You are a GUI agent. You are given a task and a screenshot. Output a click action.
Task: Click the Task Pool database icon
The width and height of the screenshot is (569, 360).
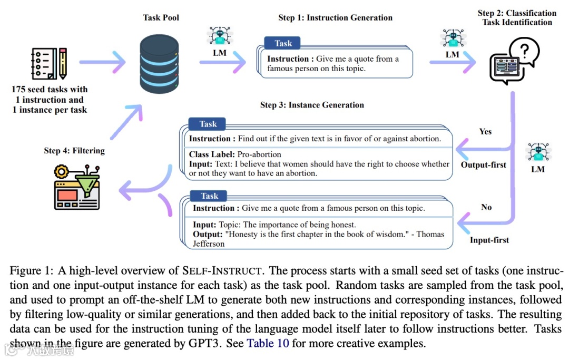click(161, 64)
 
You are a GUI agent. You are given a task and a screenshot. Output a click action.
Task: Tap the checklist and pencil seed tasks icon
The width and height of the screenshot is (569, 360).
click(49, 64)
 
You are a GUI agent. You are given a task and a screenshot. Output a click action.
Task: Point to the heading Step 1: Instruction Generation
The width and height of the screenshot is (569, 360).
click(335, 17)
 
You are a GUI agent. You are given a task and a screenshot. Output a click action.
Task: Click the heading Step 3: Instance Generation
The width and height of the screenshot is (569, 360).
click(312, 105)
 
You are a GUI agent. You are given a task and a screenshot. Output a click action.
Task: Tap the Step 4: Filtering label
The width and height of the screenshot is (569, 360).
click(74, 151)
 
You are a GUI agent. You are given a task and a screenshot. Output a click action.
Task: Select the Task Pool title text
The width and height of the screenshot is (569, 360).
click(161, 17)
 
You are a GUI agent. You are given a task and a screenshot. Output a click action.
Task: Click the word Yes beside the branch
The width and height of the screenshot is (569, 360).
click(485, 131)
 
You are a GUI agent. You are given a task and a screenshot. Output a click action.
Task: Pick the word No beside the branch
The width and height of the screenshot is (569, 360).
click(486, 207)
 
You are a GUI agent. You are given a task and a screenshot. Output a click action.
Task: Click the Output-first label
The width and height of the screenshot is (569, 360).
click(483, 165)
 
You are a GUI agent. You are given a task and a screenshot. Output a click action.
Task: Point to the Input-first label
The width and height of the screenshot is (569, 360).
click(489, 240)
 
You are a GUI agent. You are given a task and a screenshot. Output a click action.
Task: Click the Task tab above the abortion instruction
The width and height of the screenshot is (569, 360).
click(208, 124)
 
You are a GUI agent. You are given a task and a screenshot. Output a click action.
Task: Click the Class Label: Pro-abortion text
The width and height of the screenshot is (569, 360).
click(235, 154)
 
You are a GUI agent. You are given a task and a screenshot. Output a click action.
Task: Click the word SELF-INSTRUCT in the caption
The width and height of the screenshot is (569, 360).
click(221, 271)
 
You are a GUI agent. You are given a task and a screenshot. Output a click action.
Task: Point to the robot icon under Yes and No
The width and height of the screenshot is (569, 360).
click(538, 153)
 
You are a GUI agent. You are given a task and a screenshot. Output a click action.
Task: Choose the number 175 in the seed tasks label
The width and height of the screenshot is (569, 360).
click(19, 89)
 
